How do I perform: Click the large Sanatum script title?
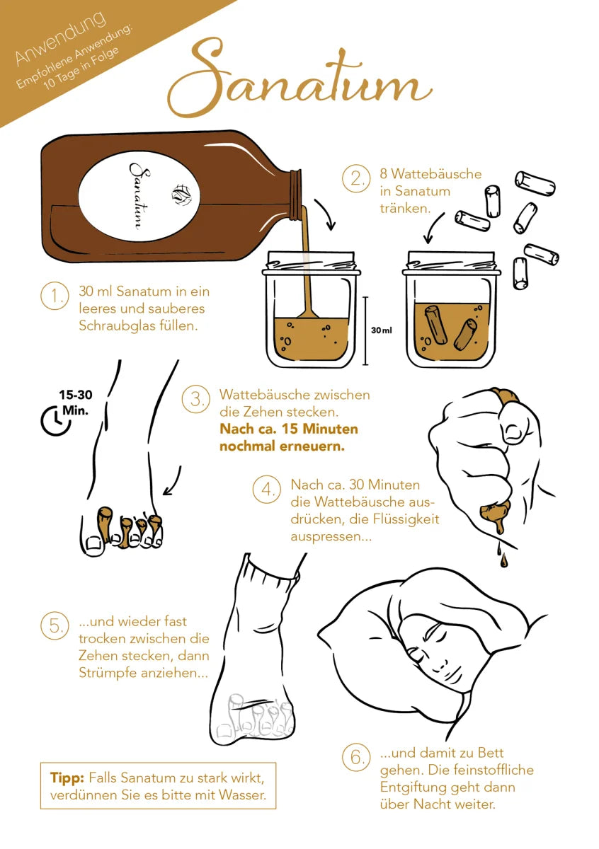[x=299, y=78]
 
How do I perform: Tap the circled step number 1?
[x=55, y=295]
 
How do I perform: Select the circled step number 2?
[x=356, y=178]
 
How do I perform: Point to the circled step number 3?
[x=195, y=399]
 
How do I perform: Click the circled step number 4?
[x=267, y=489]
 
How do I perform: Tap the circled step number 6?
[x=356, y=757]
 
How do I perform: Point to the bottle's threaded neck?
[x=295, y=195]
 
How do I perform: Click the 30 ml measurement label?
[x=381, y=330]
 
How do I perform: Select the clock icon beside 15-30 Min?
[x=55, y=421]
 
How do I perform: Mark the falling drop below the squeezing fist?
[x=503, y=560]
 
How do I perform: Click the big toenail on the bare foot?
[x=94, y=543]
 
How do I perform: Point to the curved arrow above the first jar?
[x=326, y=214]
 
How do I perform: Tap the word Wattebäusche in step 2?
[x=436, y=174]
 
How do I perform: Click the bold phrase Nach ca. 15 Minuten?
[x=289, y=429]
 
